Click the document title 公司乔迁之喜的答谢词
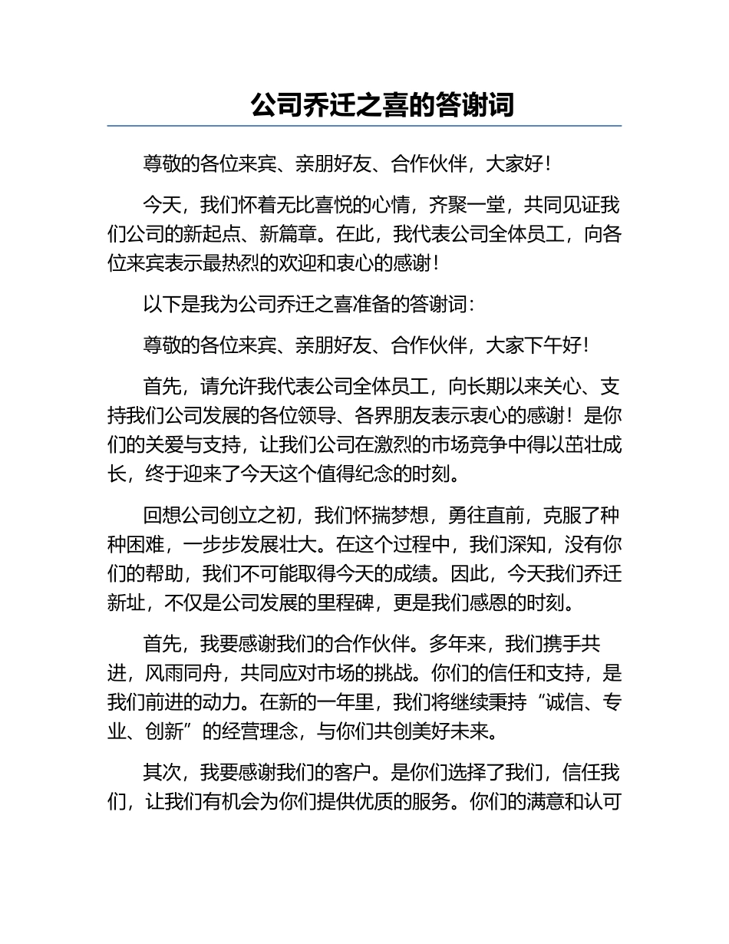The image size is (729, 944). pos(381,104)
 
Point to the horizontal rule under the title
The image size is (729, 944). pos(364,126)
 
